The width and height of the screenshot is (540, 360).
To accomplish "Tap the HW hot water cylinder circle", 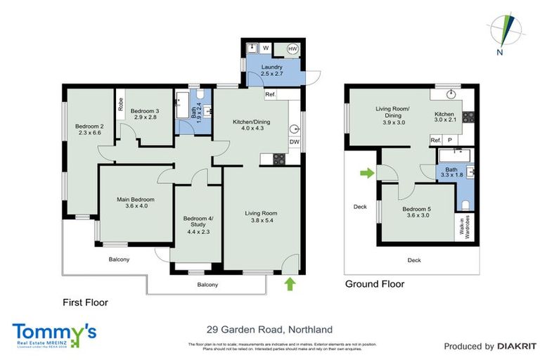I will tap(291, 49).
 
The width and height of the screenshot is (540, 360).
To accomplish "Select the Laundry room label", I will tap(271, 67).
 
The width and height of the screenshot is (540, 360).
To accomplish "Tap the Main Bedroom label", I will tap(135, 200).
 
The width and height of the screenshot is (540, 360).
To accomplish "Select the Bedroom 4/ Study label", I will tap(198, 219).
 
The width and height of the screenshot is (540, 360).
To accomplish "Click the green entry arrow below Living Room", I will tap(288, 283).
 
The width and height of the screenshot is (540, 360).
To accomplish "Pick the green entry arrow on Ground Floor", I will tap(366, 172).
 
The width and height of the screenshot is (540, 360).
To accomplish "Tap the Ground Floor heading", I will tap(374, 284).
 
